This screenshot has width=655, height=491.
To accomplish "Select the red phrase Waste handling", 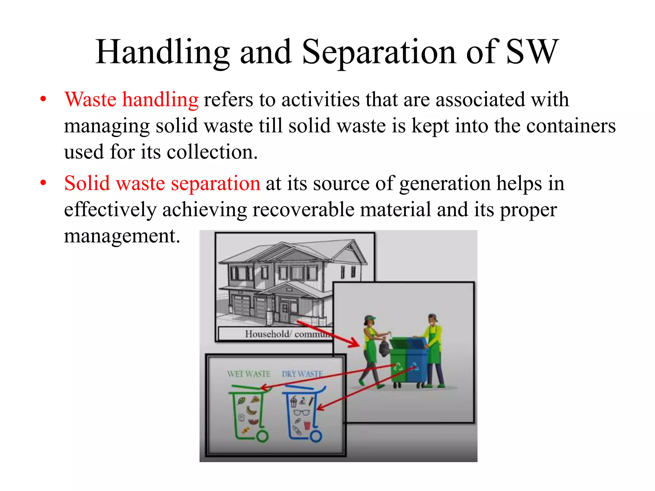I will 131,99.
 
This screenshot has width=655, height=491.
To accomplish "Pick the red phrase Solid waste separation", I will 162,183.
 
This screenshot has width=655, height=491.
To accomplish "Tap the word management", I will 122,236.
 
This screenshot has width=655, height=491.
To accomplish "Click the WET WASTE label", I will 249,374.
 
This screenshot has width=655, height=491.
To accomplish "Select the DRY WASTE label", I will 302,374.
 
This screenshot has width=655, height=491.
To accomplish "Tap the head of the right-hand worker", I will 433,319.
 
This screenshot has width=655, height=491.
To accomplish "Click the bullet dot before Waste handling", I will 43,99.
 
